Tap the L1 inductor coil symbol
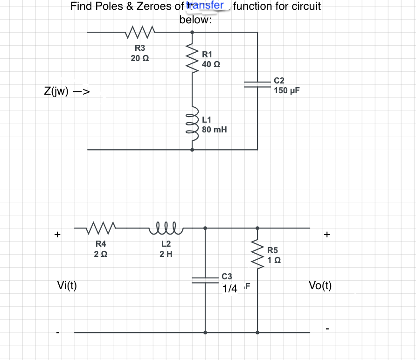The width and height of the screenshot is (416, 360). tap(192, 123)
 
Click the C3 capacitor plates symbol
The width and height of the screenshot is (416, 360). tap(205, 279)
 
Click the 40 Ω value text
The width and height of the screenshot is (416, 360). tap(211, 64)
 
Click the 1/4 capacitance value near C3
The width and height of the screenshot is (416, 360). tap(230, 289)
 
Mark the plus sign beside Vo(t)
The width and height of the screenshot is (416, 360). tap(327, 235)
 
